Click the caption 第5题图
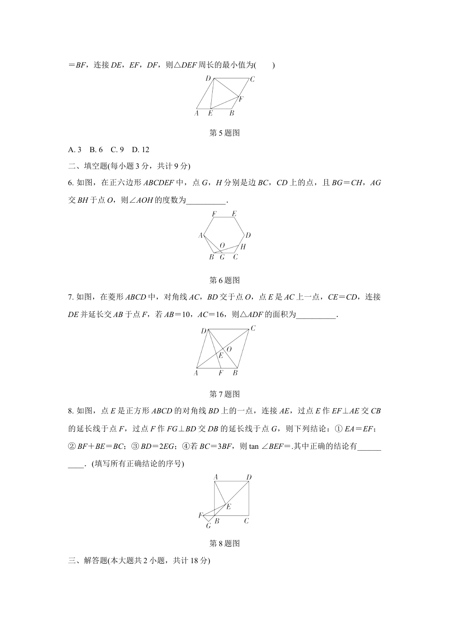tap(224, 133)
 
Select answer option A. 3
tap(75, 150)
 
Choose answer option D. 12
tap(140, 150)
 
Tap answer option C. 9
tap(117, 150)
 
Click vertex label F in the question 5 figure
tap(241, 99)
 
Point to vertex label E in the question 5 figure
tap(210, 113)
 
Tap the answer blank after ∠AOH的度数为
tap(207, 200)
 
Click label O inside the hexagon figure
tap(222, 246)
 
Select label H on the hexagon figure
tap(243, 247)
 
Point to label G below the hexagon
tap(222, 257)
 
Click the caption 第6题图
tap(224, 280)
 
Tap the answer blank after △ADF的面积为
tap(316, 315)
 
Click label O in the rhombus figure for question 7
tap(229, 349)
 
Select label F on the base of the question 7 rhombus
tap(221, 373)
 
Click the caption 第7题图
tap(224, 394)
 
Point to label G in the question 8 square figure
tap(208, 525)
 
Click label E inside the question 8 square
tap(228, 507)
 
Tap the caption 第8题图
tap(224, 544)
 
